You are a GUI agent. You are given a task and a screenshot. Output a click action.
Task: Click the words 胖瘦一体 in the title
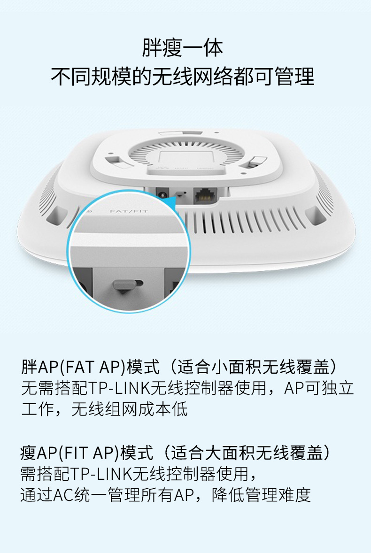[183, 47]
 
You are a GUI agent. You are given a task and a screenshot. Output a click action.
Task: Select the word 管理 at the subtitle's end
[294, 76]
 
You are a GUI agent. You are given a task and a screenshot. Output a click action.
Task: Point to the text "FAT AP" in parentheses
[93, 367]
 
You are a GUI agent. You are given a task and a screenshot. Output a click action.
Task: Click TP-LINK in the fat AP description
[119, 388]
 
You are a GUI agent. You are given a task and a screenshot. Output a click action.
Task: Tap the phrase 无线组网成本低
[130, 409]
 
